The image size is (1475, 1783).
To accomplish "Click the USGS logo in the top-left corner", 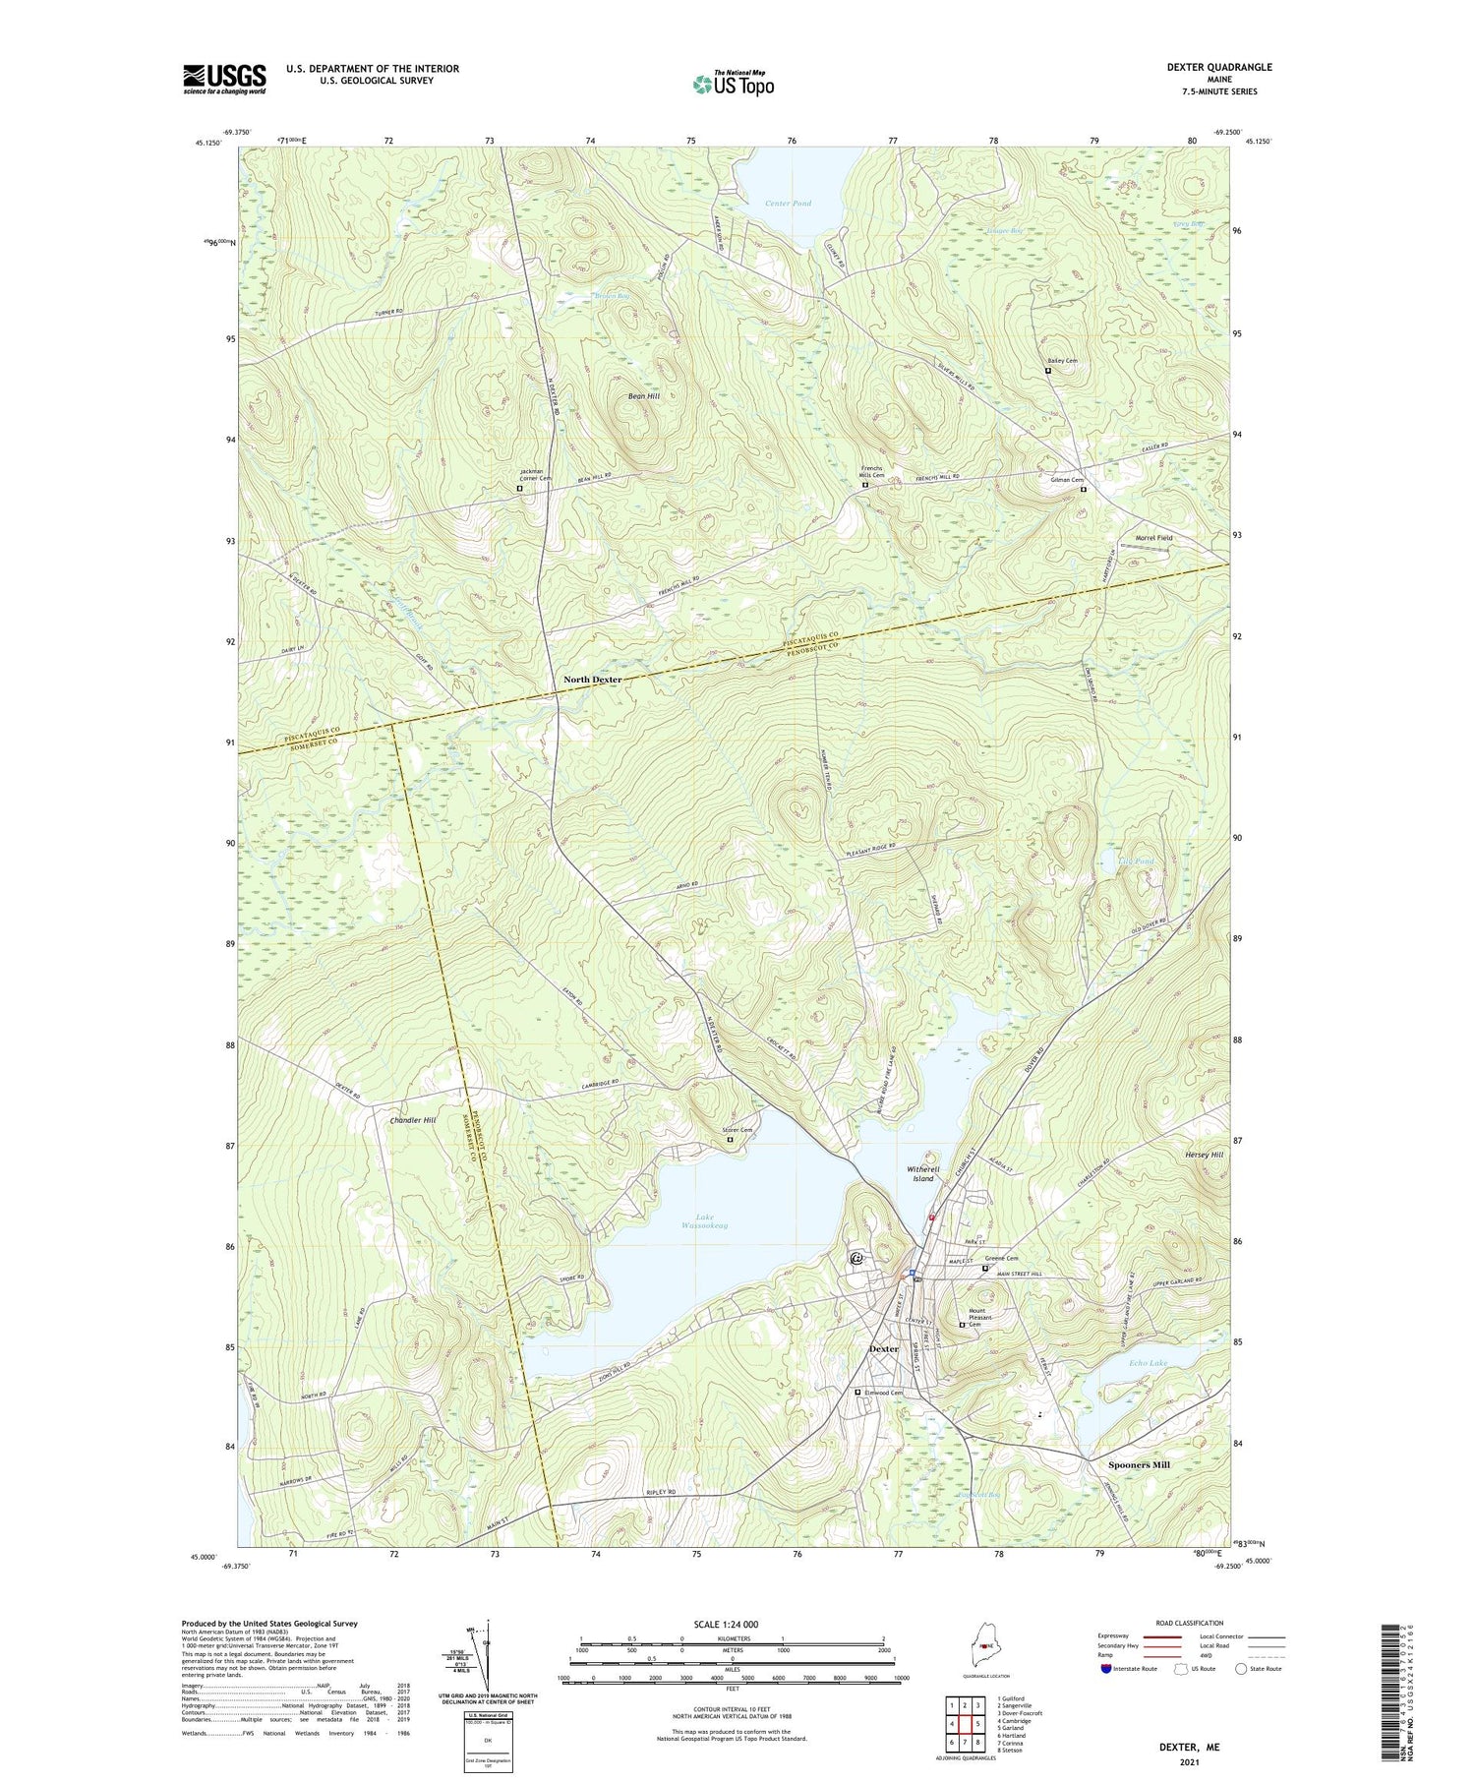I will (224, 79).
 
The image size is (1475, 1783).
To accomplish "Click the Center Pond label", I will (789, 204).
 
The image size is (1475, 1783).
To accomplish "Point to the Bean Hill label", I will (644, 396).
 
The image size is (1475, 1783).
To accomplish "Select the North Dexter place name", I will (592, 680).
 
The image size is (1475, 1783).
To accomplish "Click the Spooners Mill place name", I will (1139, 1465).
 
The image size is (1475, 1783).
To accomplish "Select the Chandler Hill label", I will (398, 1120).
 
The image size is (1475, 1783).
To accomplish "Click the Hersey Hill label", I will (1203, 1155).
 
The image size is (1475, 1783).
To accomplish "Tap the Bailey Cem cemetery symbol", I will (1048, 372).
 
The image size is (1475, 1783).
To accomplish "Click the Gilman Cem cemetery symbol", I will (1084, 490).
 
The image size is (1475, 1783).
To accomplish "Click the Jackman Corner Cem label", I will (536, 475).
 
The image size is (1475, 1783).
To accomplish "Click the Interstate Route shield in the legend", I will (1106, 1669).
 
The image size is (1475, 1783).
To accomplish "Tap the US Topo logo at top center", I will (733, 84).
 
